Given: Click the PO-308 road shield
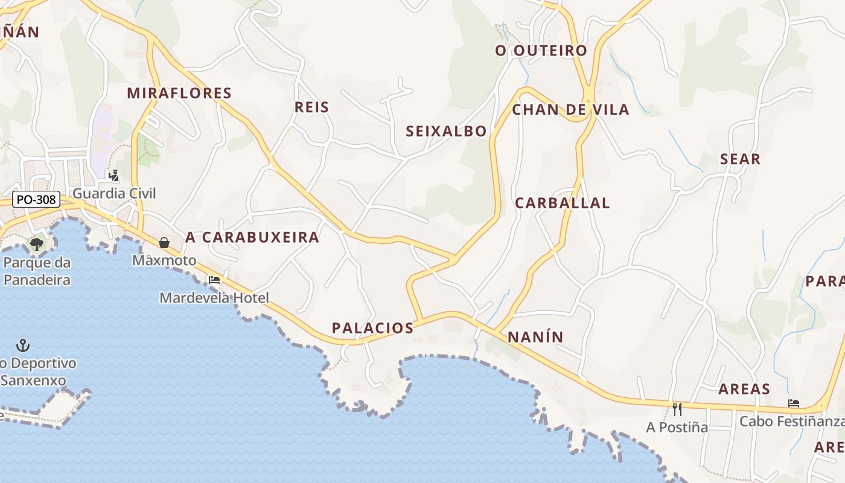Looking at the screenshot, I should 36,199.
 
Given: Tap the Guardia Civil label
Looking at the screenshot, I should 114,193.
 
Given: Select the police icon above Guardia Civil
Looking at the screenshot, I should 113,176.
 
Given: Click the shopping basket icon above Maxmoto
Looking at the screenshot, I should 164,243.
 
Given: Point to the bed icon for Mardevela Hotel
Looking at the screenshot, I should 214,280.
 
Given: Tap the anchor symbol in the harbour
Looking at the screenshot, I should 22,345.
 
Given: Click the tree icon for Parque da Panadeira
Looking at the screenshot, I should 37,245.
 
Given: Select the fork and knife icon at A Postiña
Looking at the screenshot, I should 677,409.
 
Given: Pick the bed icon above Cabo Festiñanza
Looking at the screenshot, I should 794,403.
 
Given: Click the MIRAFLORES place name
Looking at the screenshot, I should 179,93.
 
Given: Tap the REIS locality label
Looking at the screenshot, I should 311,107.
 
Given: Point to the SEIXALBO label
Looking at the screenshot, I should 446,131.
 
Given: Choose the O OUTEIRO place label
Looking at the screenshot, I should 541,51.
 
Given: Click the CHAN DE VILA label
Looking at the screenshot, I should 570,110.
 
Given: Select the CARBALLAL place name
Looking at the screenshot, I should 562,203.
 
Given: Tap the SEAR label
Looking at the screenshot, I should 740,159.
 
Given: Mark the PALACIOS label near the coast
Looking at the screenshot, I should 372,328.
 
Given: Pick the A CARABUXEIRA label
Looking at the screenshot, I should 252,237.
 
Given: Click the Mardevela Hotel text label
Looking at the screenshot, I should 214,298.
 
